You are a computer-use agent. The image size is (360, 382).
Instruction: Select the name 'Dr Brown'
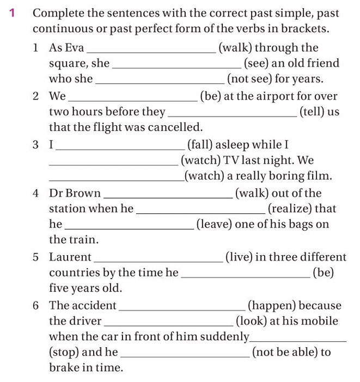pyautogui.click(x=75, y=193)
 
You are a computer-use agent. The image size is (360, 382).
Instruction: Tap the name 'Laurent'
pyautogui.click(x=70, y=257)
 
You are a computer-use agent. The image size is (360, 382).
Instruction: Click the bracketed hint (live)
pyautogui.click(x=237, y=257)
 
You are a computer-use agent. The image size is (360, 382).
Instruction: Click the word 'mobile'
pyautogui.click(x=326, y=321)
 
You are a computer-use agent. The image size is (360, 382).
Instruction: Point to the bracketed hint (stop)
pyautogui.click(x=64, y=352)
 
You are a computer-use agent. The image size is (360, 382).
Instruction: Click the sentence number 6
pyautogui.click(x=36, y=306)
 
